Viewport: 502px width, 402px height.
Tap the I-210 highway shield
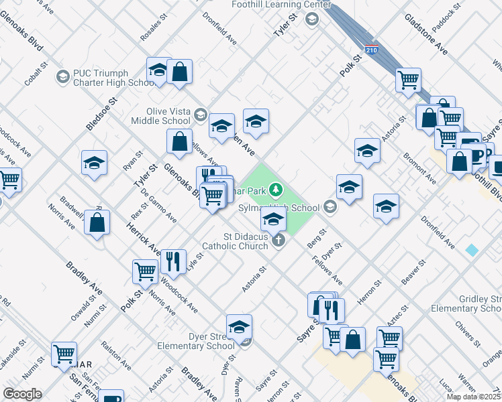[x=371, y=50]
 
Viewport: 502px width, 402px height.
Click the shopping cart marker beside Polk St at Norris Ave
[x=145, y=271]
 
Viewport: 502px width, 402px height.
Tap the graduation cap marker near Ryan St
[x=95, y=163]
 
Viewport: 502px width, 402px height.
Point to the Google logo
[x=22, y=394]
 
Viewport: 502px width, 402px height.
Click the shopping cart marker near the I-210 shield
[x=408, y=80]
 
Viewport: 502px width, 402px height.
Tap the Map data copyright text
[x=474, y=397]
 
